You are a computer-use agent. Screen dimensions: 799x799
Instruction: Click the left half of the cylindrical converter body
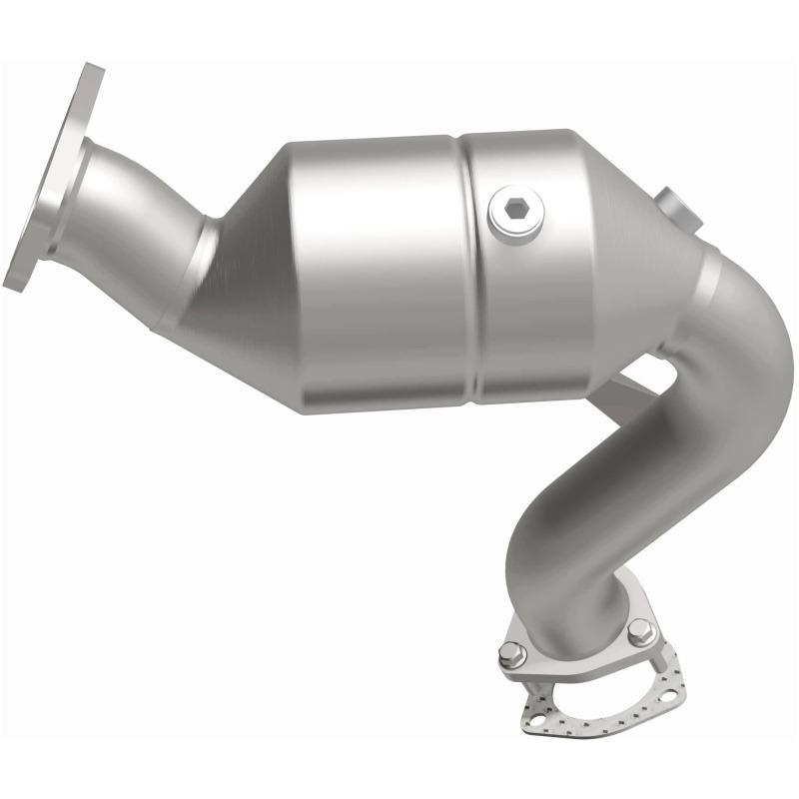pos(380,270)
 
